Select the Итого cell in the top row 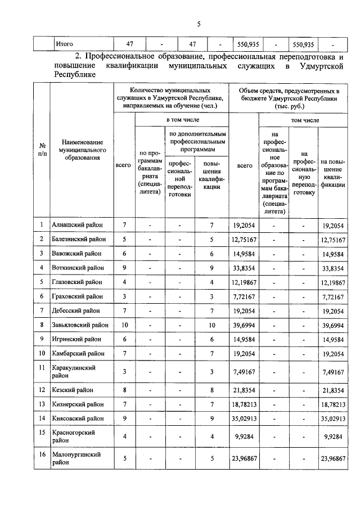pos(64,43)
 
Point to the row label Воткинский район pos(77,267)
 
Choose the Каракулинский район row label pos(74,371)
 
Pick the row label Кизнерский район pos(77,404)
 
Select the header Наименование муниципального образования pos(81,150)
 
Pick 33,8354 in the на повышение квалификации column pos(332,267)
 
